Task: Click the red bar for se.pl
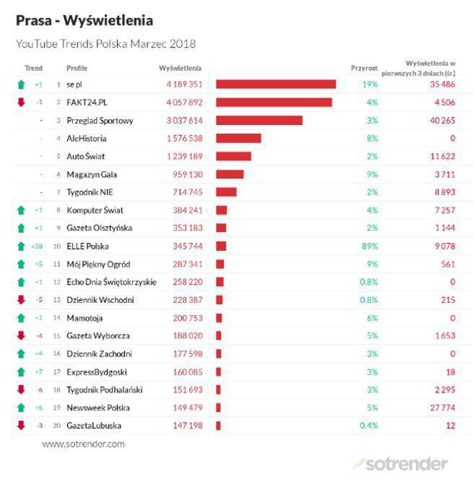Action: (275, 85)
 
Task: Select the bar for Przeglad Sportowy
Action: (259, 121)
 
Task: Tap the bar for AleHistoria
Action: (238, 138)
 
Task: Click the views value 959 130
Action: (186, 174)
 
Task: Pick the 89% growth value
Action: (370, 247)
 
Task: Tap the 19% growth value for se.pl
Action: (370, 85)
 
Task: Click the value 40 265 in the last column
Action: (443, 121)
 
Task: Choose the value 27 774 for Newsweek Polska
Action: (442, 408)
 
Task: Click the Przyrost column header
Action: (364, 68)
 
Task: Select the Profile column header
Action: (77, 68)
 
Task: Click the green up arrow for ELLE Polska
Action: (21, 247)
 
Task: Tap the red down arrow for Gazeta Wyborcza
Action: (21, 335)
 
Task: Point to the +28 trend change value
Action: (38, 247)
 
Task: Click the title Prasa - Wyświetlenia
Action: (84, 20)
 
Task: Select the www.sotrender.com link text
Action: (83, 444)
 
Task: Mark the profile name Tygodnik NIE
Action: (90, 192)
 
